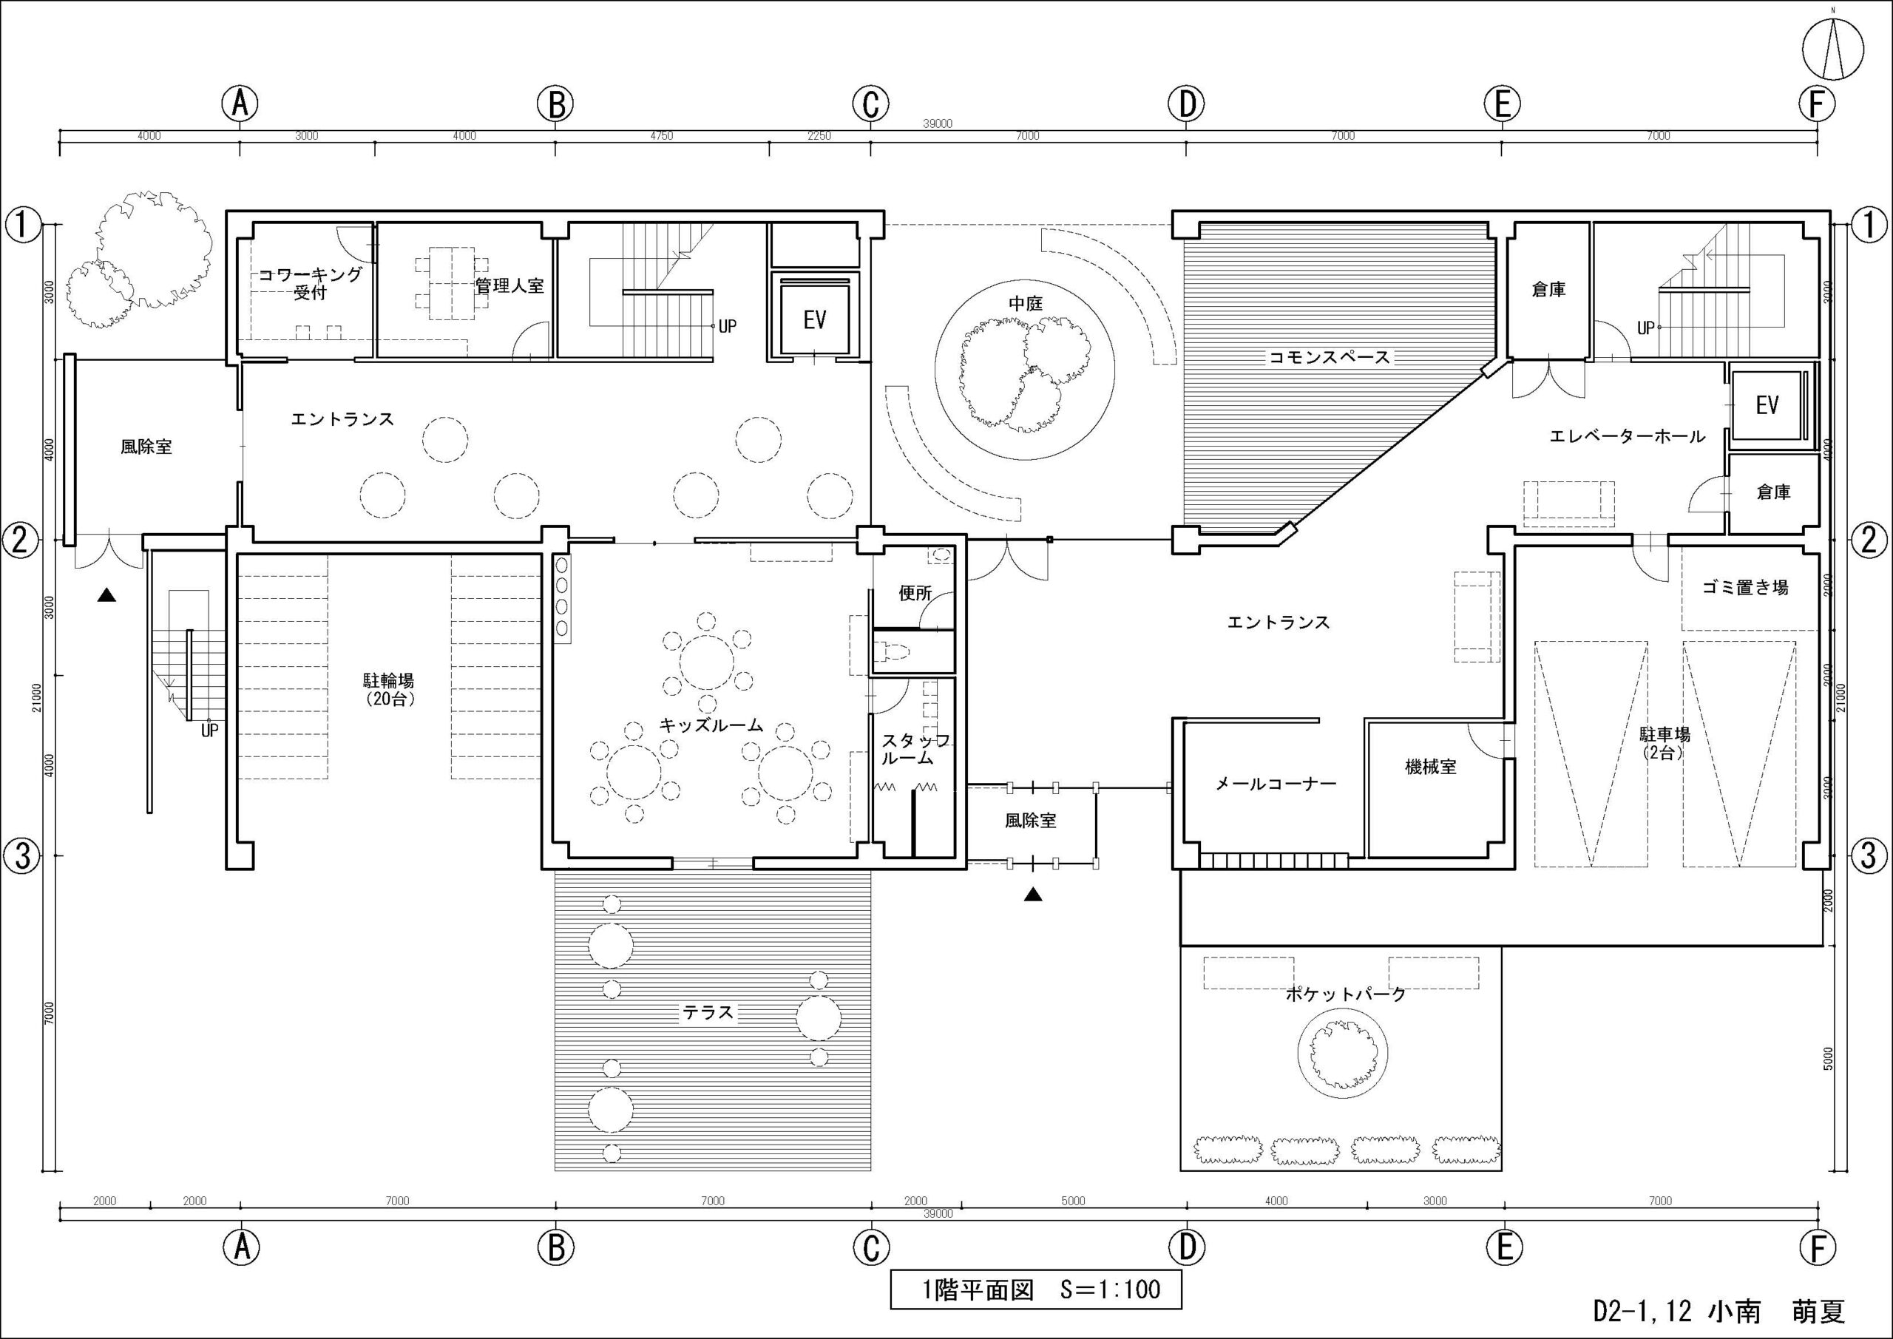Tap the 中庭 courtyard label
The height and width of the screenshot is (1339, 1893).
coord(1026,303)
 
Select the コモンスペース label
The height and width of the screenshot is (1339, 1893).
coord(1329,357)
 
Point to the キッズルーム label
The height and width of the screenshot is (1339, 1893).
coord(711,725)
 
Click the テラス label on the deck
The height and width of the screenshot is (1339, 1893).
coord(708,1011)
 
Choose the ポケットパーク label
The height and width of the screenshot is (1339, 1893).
coord(1347,994)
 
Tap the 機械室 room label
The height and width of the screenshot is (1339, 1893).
coord(1430,767)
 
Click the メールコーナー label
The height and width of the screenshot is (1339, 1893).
coord(1276,784)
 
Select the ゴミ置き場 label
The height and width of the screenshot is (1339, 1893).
coord(1745,587)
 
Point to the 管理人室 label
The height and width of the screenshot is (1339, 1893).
coord(509,285)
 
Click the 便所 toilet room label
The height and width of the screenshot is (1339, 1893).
coord(915,592)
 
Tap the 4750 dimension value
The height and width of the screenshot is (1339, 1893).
coord(661,136)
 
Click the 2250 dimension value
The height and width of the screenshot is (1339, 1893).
coord(819,136)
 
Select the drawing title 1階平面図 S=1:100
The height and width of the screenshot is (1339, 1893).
coord(1035,1289)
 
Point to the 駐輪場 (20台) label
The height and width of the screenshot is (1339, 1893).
coord(388,689)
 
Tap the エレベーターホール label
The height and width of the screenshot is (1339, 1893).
coord(1627,436)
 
